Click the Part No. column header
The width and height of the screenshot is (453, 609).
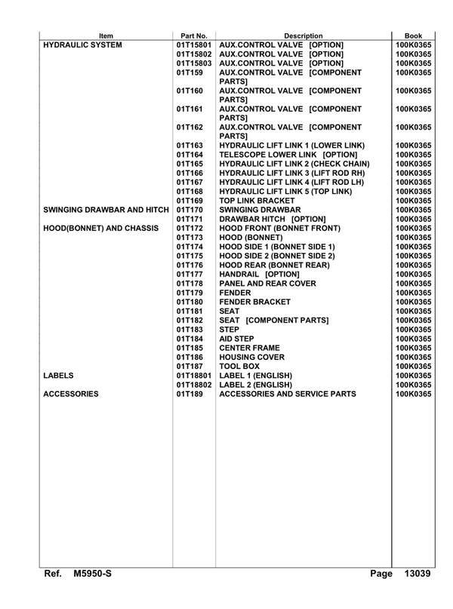[194, 35]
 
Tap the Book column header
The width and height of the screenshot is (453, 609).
[413, 35]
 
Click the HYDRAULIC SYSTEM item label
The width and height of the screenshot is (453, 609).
[85, 44]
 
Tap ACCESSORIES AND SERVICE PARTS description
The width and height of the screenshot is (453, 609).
[304, 392]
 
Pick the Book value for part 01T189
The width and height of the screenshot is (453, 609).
[413, 392]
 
